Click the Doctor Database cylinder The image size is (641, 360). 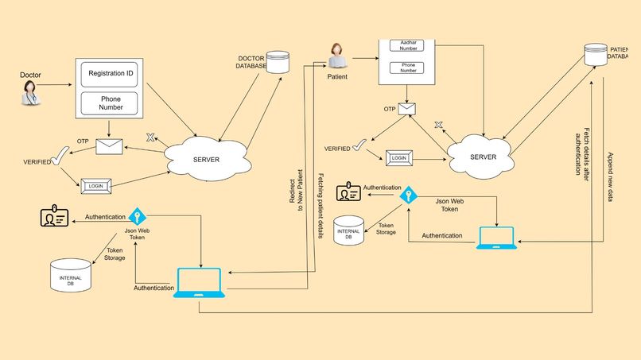pos(278,63)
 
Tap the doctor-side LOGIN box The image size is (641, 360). pos(96,186)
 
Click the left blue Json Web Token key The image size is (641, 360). pos(137,216)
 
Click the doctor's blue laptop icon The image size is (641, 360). pos(199,284)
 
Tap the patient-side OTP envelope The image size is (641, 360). pos(408,109)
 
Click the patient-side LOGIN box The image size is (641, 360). pos(400,158)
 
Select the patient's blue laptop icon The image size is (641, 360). pos(496,238)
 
